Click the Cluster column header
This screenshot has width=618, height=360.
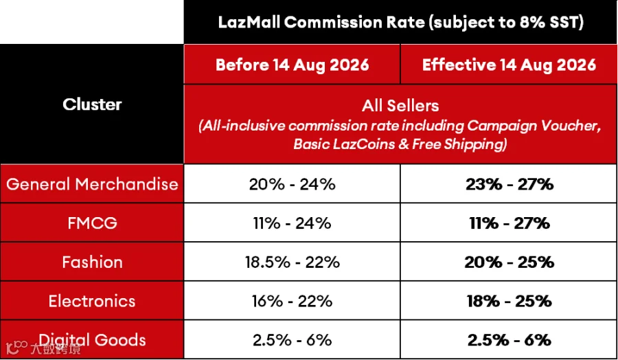(92, 104)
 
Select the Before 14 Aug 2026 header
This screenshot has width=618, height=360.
(292, 65)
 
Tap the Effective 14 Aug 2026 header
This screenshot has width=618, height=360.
(509, 65)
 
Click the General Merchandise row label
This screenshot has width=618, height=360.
(92, 184)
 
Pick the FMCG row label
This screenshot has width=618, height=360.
(92, 223)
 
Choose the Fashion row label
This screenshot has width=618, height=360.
(92, 262)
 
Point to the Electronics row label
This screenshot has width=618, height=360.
(92, 301)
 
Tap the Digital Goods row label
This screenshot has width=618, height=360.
(92, 340)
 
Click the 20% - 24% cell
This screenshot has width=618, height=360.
(292, 184)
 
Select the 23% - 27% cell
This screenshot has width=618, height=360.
(510, 184)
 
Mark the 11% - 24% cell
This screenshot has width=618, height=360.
(292, 223)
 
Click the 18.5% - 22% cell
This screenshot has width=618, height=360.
(292, 262)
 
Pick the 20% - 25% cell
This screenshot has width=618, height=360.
(510, 262)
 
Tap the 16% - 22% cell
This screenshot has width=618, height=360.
(292, 301)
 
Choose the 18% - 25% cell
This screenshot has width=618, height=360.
(510, 301)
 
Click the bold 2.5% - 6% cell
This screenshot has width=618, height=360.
(510, 340)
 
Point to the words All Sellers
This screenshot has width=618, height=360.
(400, 106)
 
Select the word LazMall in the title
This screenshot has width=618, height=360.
(249, 22)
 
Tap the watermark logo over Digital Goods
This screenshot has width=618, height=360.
(43, 348)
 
